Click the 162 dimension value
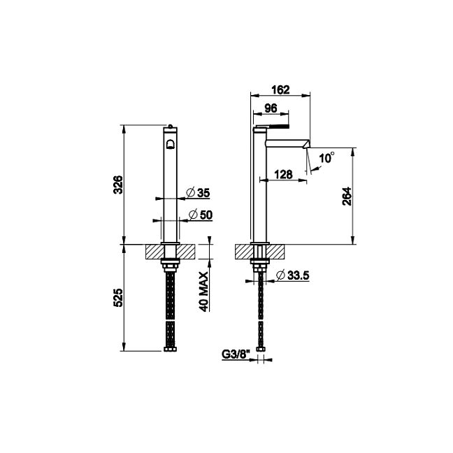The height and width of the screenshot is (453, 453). pyautogui.click(x=280, y=90)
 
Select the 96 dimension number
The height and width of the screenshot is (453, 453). pyautogui.click(x=271, y=108)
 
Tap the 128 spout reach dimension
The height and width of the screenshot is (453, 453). pyautogui.click(x=283, y=174)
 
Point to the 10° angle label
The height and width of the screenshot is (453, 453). pyautogui.click(x=326, y=158)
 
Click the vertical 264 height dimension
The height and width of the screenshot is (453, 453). pyautogui.click(x=347, y=196)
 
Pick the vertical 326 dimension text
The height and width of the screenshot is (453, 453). pyautogui.click(x=118, y=185)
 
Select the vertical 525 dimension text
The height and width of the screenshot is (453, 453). pyautogui.click(x=118, y=298)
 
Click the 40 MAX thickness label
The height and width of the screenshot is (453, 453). pyautogui.click(x=203, y=292)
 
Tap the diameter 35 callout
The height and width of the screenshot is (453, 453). pyautogui.click(x=198, y=192)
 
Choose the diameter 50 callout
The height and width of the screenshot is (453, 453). pyautogui.click(x=201, y=215)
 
